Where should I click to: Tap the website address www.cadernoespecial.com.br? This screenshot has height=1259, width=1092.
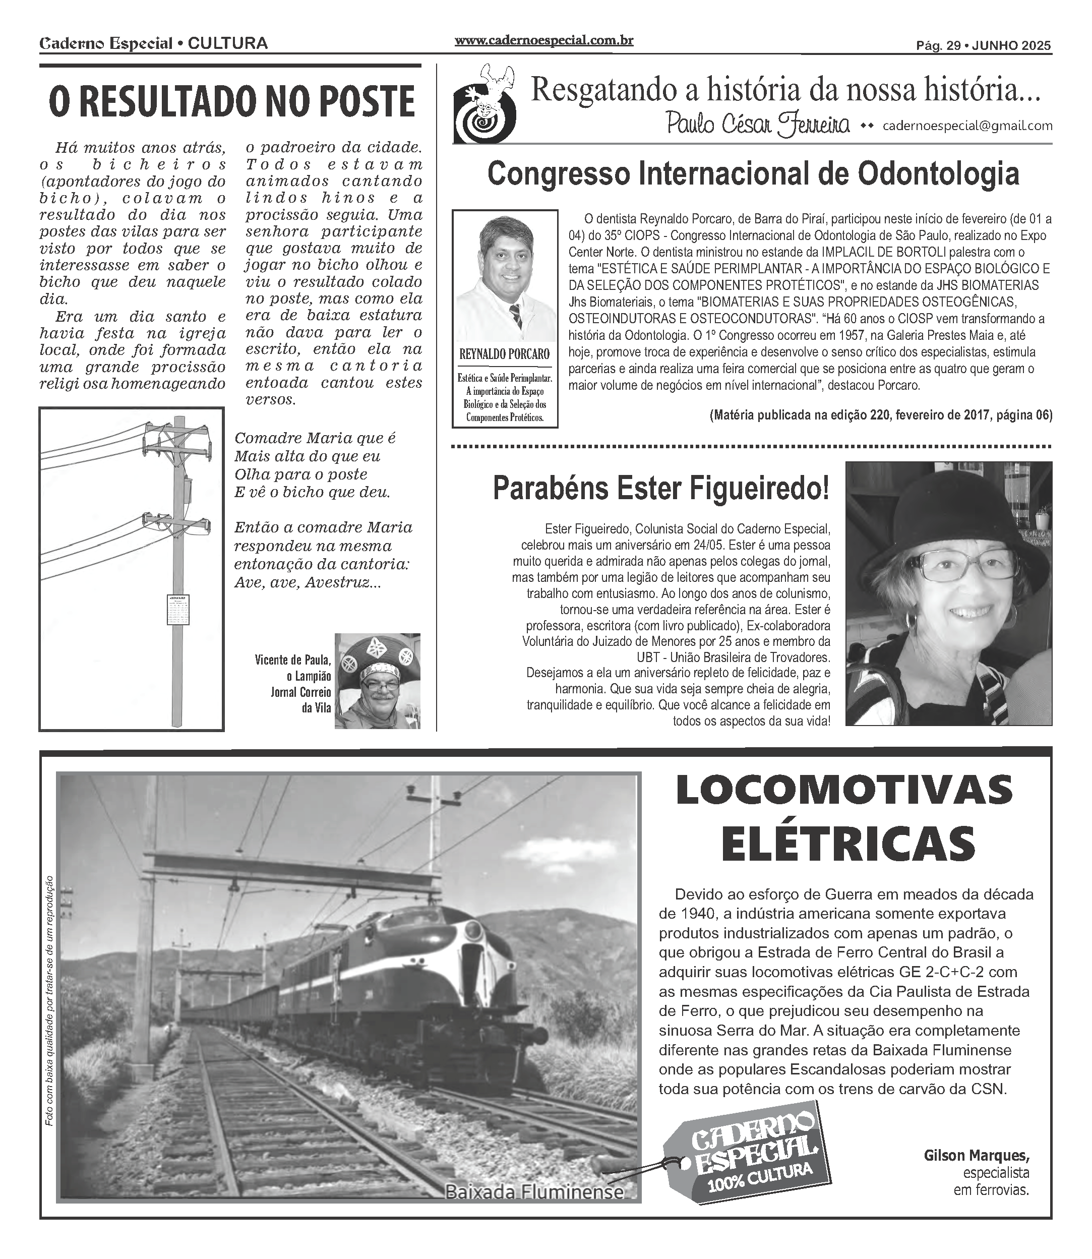543,41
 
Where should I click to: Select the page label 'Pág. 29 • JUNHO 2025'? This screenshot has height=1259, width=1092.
984,45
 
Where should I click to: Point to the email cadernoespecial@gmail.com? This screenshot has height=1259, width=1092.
967,126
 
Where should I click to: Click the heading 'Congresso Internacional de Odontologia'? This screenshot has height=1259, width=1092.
753,174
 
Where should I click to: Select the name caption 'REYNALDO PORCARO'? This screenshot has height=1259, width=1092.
505,354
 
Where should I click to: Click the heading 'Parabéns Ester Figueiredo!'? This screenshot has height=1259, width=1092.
660,489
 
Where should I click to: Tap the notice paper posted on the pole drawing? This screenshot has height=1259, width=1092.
177,610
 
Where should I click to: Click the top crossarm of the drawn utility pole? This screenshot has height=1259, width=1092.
177,431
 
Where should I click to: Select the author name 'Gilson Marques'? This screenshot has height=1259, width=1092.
976,1156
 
